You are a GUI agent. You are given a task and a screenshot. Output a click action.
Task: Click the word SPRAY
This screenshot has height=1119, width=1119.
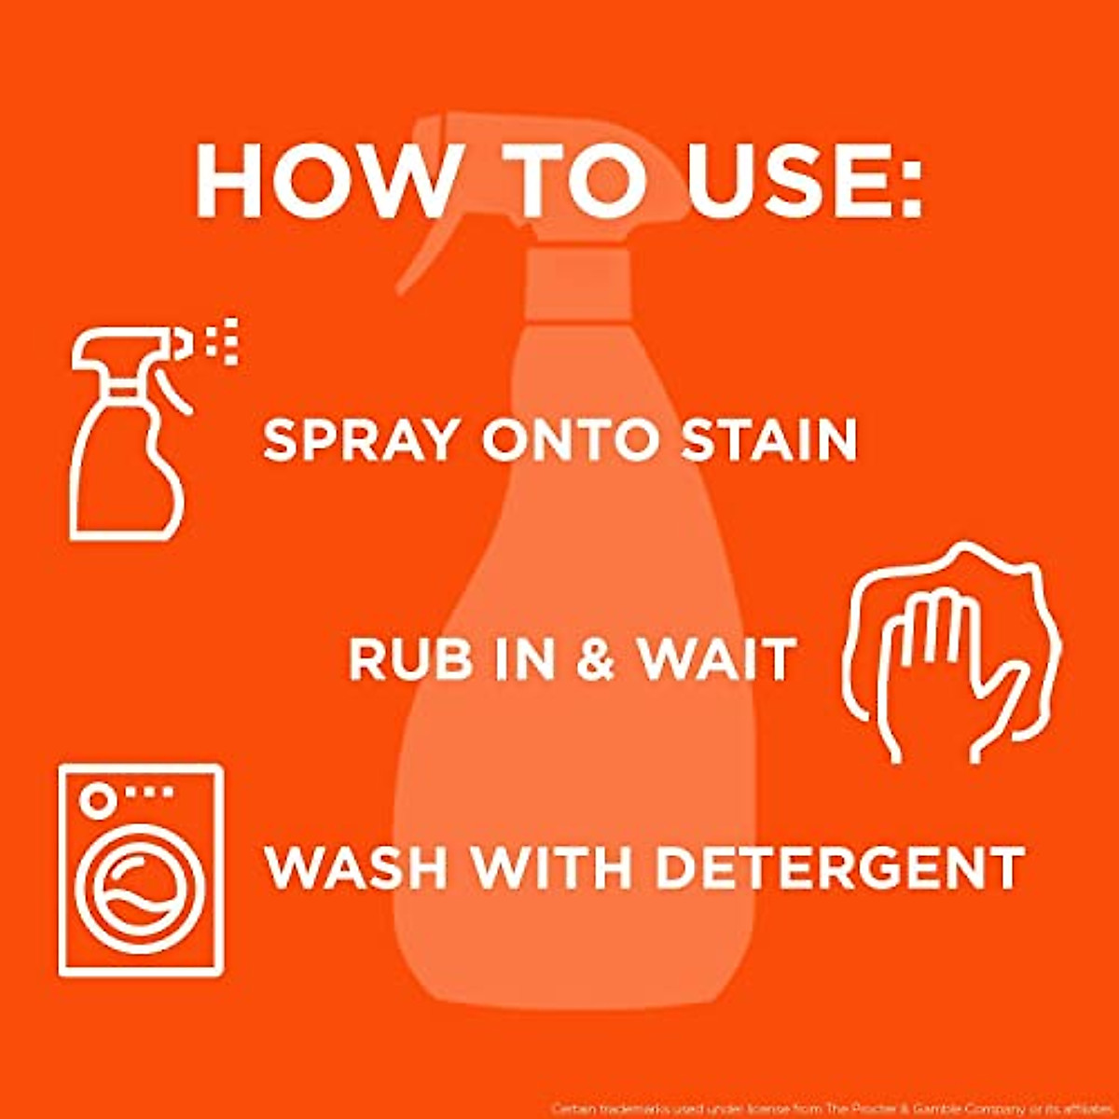point(364,440)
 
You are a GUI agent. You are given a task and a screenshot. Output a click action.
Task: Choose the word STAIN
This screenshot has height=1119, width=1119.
point(768,440)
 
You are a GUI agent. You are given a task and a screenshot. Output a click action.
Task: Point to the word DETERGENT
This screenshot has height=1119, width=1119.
point(839,867)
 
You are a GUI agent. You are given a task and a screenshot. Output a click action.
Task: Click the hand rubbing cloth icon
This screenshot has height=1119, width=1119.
point(951,653)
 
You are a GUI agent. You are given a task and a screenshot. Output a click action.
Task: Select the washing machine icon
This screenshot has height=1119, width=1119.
point(141,869)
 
